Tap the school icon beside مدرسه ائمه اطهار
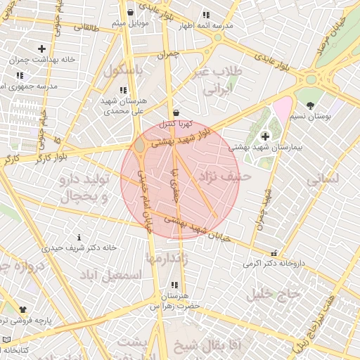[x=205, y=14]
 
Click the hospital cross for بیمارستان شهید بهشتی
[x=264, y=136]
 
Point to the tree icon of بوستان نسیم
[x=310, y=105]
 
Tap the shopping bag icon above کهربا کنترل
[x=175, y=112]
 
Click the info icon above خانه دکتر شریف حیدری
[x=79, y=237]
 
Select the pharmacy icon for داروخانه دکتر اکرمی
[x=274, y=253]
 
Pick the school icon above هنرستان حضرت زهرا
[x=174, y=285]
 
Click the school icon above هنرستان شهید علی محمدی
[x=123, y=90]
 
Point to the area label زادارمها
[x=166, y=259]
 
